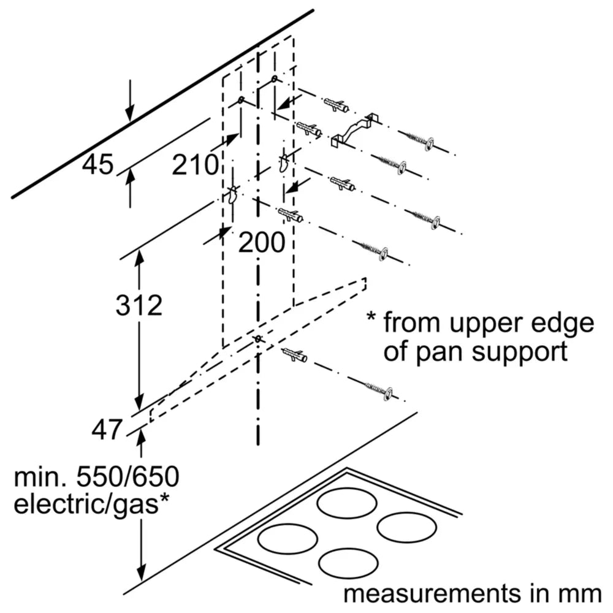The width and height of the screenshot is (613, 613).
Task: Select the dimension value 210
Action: click(x=195, y=165)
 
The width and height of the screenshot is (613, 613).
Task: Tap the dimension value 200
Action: click(x=262, y=243)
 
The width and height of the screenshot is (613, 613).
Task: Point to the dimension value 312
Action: click(x=139, y=305)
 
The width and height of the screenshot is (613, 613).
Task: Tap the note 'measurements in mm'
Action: click(x=472, y=593)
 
